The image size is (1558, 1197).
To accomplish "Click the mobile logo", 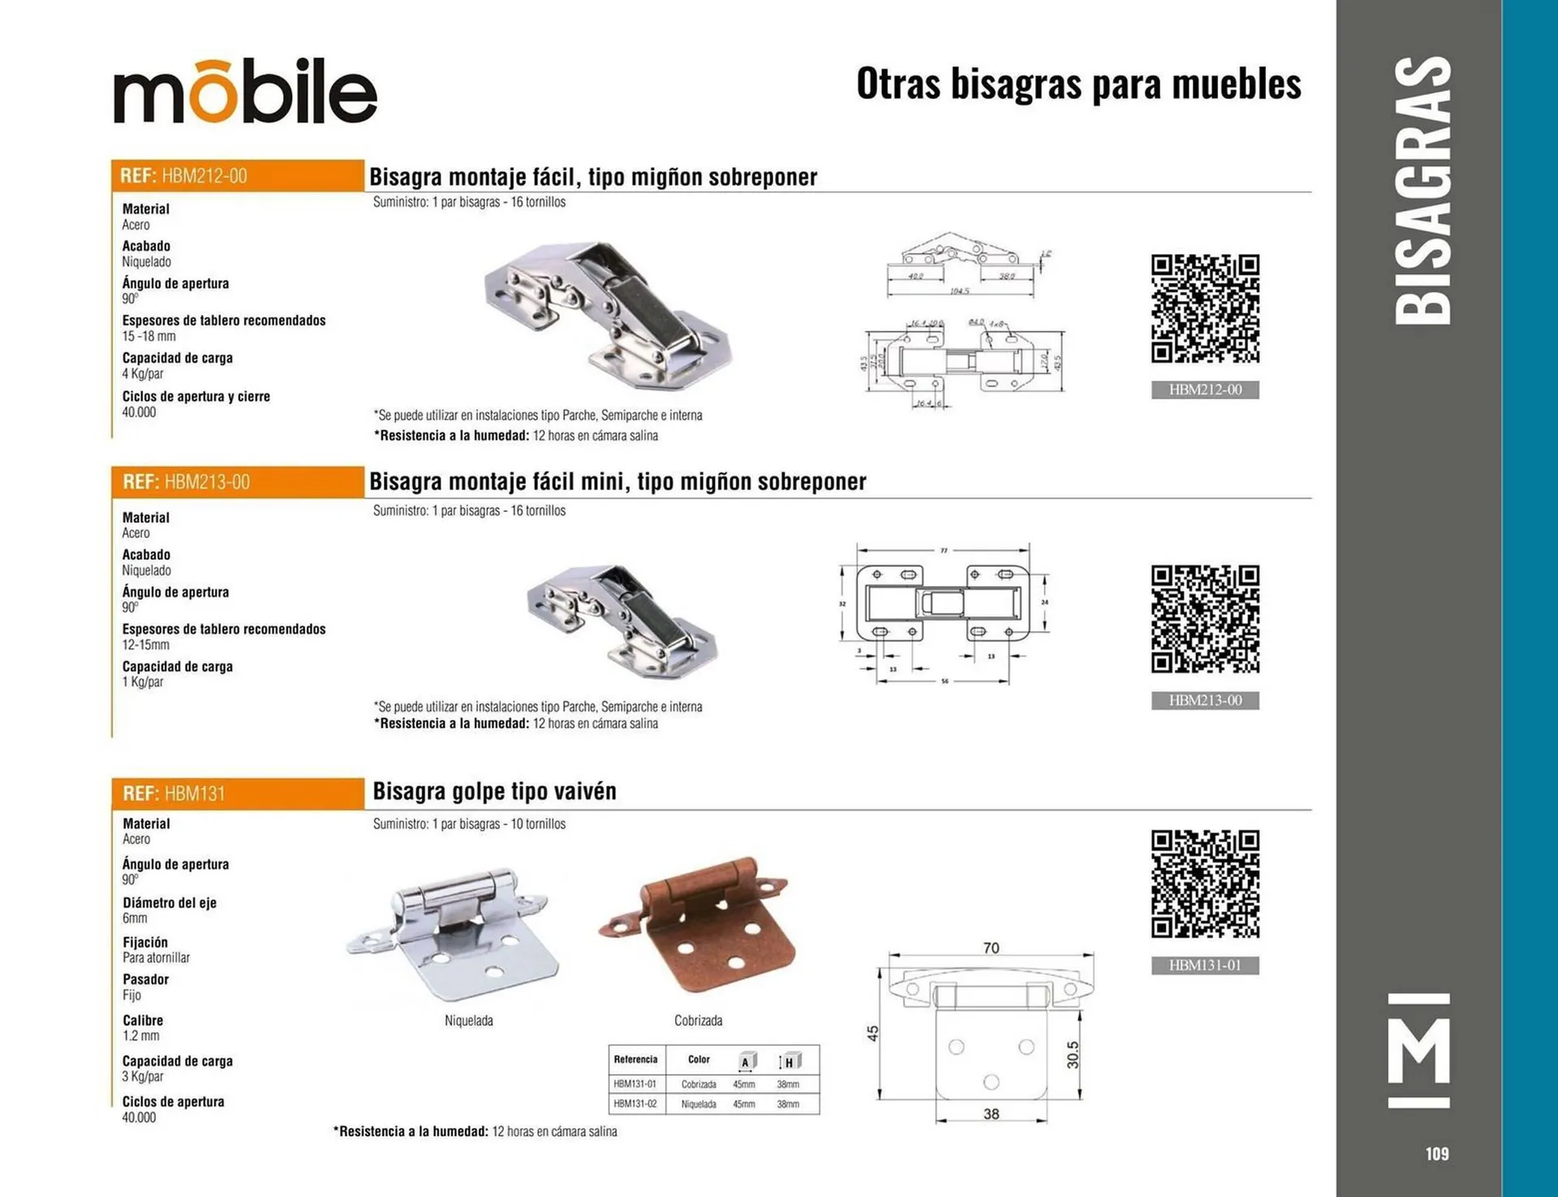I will point(245,91).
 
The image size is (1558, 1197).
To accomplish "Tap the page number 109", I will point(1436,1153).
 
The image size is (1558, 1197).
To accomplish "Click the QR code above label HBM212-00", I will point(1205,308).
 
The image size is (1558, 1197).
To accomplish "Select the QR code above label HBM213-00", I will point(1205,619).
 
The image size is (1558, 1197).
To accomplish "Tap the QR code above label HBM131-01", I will point(1205,884).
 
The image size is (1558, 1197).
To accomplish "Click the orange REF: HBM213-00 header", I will point(237,482).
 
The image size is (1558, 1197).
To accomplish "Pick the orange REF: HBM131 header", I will point(237,794).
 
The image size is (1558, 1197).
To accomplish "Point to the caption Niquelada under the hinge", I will point(469,1021).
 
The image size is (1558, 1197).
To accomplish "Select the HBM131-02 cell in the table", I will point(635,1104).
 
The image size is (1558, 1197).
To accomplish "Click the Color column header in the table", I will point(699,1060).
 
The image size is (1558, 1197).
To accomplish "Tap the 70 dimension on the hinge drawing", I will point(991,948).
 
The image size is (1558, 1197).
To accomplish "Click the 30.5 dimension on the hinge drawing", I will point(1073,1055).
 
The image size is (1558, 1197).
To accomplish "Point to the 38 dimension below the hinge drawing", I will point(991,1114).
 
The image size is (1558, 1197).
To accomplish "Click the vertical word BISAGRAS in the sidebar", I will point(1422,191).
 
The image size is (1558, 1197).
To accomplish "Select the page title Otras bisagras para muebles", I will point(1078,84).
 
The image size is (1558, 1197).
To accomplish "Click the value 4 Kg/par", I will point(143,374).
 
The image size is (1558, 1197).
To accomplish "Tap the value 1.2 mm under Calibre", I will point(141,1036).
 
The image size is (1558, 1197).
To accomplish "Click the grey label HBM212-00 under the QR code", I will point(1205,390).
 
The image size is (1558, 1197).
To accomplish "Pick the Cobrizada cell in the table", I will point(699,1084).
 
